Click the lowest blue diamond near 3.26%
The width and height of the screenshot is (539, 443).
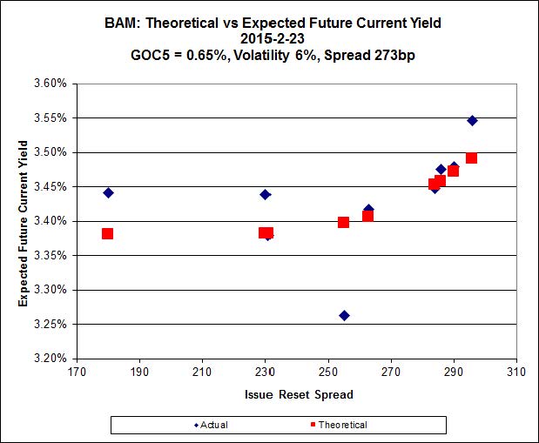coord(344,315)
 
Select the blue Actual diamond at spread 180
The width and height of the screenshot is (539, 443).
coord(108,192)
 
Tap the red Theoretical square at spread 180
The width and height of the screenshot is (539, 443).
coord(107,233)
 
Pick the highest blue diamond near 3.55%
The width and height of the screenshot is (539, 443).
coord(472,120)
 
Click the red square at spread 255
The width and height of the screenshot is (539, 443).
coord(343,222)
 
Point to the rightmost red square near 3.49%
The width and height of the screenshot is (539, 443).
coord(471,158)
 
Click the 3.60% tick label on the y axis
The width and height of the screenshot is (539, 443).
coord(51,84)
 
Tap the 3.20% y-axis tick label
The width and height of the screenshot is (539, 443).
coord(51,358)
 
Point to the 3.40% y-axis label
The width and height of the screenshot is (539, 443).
coord(51,221)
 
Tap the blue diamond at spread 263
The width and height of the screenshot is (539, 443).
coord(368,210)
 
